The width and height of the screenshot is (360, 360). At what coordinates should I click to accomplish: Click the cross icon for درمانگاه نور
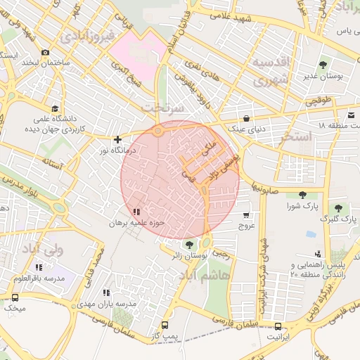117,139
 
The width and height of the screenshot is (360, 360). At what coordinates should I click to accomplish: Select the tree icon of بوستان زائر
188,245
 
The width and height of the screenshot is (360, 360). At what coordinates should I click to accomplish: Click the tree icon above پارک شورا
302,195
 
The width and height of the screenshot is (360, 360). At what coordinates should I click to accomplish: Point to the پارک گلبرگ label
335,219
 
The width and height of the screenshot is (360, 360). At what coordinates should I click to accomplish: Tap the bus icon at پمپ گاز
165,326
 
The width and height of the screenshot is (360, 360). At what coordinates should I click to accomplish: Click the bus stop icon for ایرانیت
278,326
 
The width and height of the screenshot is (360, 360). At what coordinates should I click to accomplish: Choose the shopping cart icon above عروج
246,215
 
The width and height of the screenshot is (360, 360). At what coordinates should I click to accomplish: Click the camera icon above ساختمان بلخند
46,53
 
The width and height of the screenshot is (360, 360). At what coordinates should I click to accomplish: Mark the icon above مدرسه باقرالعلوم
39,267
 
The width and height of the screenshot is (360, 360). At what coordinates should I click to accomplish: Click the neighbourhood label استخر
295,137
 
